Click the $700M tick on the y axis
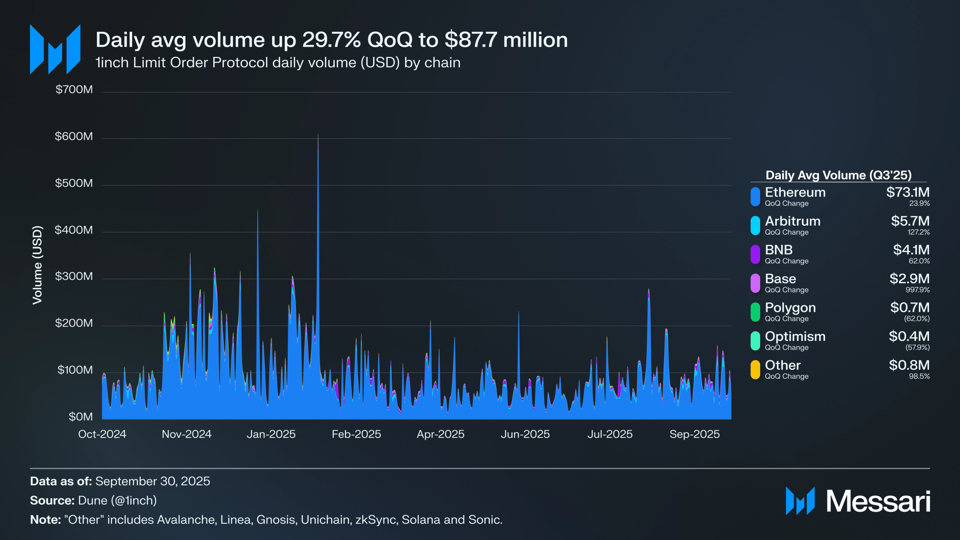[x=74, y=90]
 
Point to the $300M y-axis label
[x=74, y=276]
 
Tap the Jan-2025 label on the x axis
[x=271, y=434]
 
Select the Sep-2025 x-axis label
[x=694, y=434]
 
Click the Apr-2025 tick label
[x=440, y=434]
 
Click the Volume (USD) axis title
[x=37, y=265]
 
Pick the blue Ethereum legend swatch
[x=755, y=197]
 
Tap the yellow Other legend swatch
[x=755, y=370]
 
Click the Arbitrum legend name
[x=792, y=221]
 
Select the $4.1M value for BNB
[x=911, y=250]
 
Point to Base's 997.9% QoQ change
[x=917, y=290]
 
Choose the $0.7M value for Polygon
[x=910, y=308]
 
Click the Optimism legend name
[x=795, y=336]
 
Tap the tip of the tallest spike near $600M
[x=318, y=135]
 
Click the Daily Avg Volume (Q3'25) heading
[x=838, y=175]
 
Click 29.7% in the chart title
[x=331, y=40]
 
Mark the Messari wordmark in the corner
[x=878, y=501]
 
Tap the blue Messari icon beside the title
[x=55, y=49]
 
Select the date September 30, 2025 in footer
[x=152, y=481]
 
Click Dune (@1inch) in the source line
[x=117, y=501]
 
